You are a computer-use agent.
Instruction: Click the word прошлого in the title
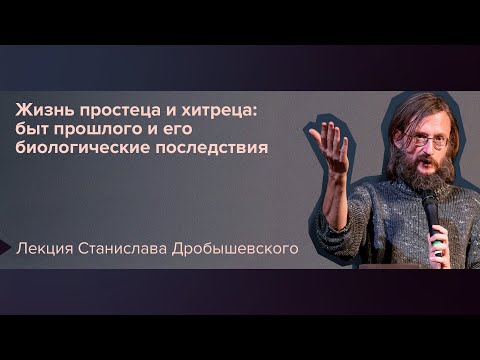click(102, 130)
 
